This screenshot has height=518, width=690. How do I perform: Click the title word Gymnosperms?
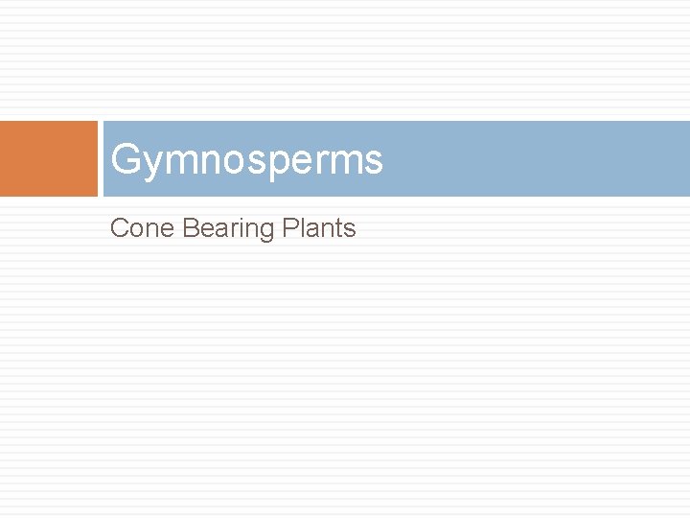click(x=246, y=159)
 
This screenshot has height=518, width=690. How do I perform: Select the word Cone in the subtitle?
click(x=142, y=228)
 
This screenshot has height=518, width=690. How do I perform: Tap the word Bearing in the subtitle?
click(x=228, y=229)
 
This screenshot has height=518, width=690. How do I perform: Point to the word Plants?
click(x=320, y=228)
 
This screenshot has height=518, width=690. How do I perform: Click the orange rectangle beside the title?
click(x=49, y=158)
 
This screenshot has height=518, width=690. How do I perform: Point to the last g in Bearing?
click(x=268, y=232)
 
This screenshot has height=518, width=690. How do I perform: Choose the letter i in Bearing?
click(x=243, y=228)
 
